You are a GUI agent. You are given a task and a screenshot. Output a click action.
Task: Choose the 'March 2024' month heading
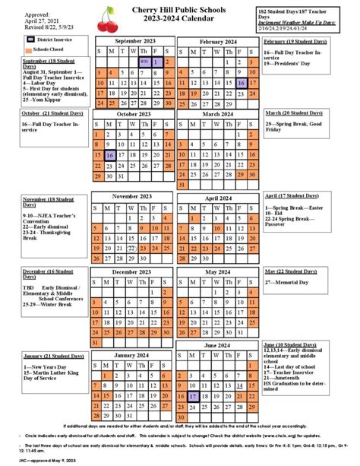click(x=219, y=114)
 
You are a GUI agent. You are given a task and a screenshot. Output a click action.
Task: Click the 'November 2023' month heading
click(x=134, y=195)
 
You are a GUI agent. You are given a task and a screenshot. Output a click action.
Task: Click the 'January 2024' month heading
click(x=134, y=355)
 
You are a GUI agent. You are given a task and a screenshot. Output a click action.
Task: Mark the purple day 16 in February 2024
click(x=242, y=84)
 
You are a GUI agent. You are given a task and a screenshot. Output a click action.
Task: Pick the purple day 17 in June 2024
click(x=194, y=396)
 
